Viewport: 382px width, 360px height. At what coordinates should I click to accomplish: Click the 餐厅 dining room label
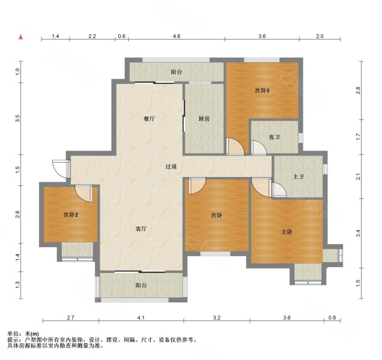tap(150, 119)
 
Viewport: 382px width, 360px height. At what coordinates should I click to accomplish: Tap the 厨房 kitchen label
tap(204, 119)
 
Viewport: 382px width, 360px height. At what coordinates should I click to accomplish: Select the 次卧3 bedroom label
tap(262, 91)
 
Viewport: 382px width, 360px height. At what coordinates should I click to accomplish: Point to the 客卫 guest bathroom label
tap(274, 137)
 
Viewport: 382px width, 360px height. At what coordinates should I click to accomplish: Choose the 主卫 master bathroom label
tap(298, 176)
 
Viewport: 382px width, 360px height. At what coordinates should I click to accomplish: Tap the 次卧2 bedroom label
tap(71, 214)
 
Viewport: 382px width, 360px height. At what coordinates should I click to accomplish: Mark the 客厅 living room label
tap(142, 229)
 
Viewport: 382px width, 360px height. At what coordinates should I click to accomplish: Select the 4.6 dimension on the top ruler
tap(177, 37)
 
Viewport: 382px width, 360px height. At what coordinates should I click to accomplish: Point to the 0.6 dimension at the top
tap(121, 37)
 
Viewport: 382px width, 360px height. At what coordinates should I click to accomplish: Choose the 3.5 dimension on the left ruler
tap(18, 117)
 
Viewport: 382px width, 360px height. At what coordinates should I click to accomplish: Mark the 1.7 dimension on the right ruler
tap(358, 137)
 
